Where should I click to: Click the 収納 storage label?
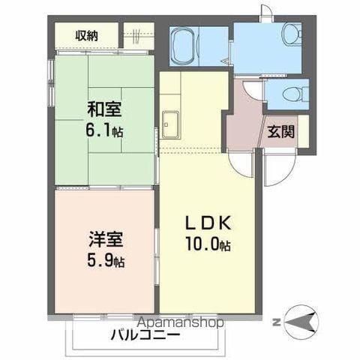[x=86, y=36]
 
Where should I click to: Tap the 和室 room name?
[x=104, y=109]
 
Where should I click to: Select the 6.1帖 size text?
[x=104, y=130]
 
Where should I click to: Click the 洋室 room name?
[x=106, y=239]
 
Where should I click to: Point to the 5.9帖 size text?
[x=106, y=260]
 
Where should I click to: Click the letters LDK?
[x=208, y=223]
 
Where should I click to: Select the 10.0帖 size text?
[x=208, y=244]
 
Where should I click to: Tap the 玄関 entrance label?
[x=281, y=131]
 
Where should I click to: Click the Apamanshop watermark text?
[x=181, y=322]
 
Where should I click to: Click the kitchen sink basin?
[x=170, y=124]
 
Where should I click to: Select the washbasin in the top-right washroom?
[x=292, y=34]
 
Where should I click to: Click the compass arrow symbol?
[x=301, y=322]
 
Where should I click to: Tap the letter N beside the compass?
[x=276, y=322]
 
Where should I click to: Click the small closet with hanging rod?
[x=139, y=35]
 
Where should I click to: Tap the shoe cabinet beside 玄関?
[x=304, y=131]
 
